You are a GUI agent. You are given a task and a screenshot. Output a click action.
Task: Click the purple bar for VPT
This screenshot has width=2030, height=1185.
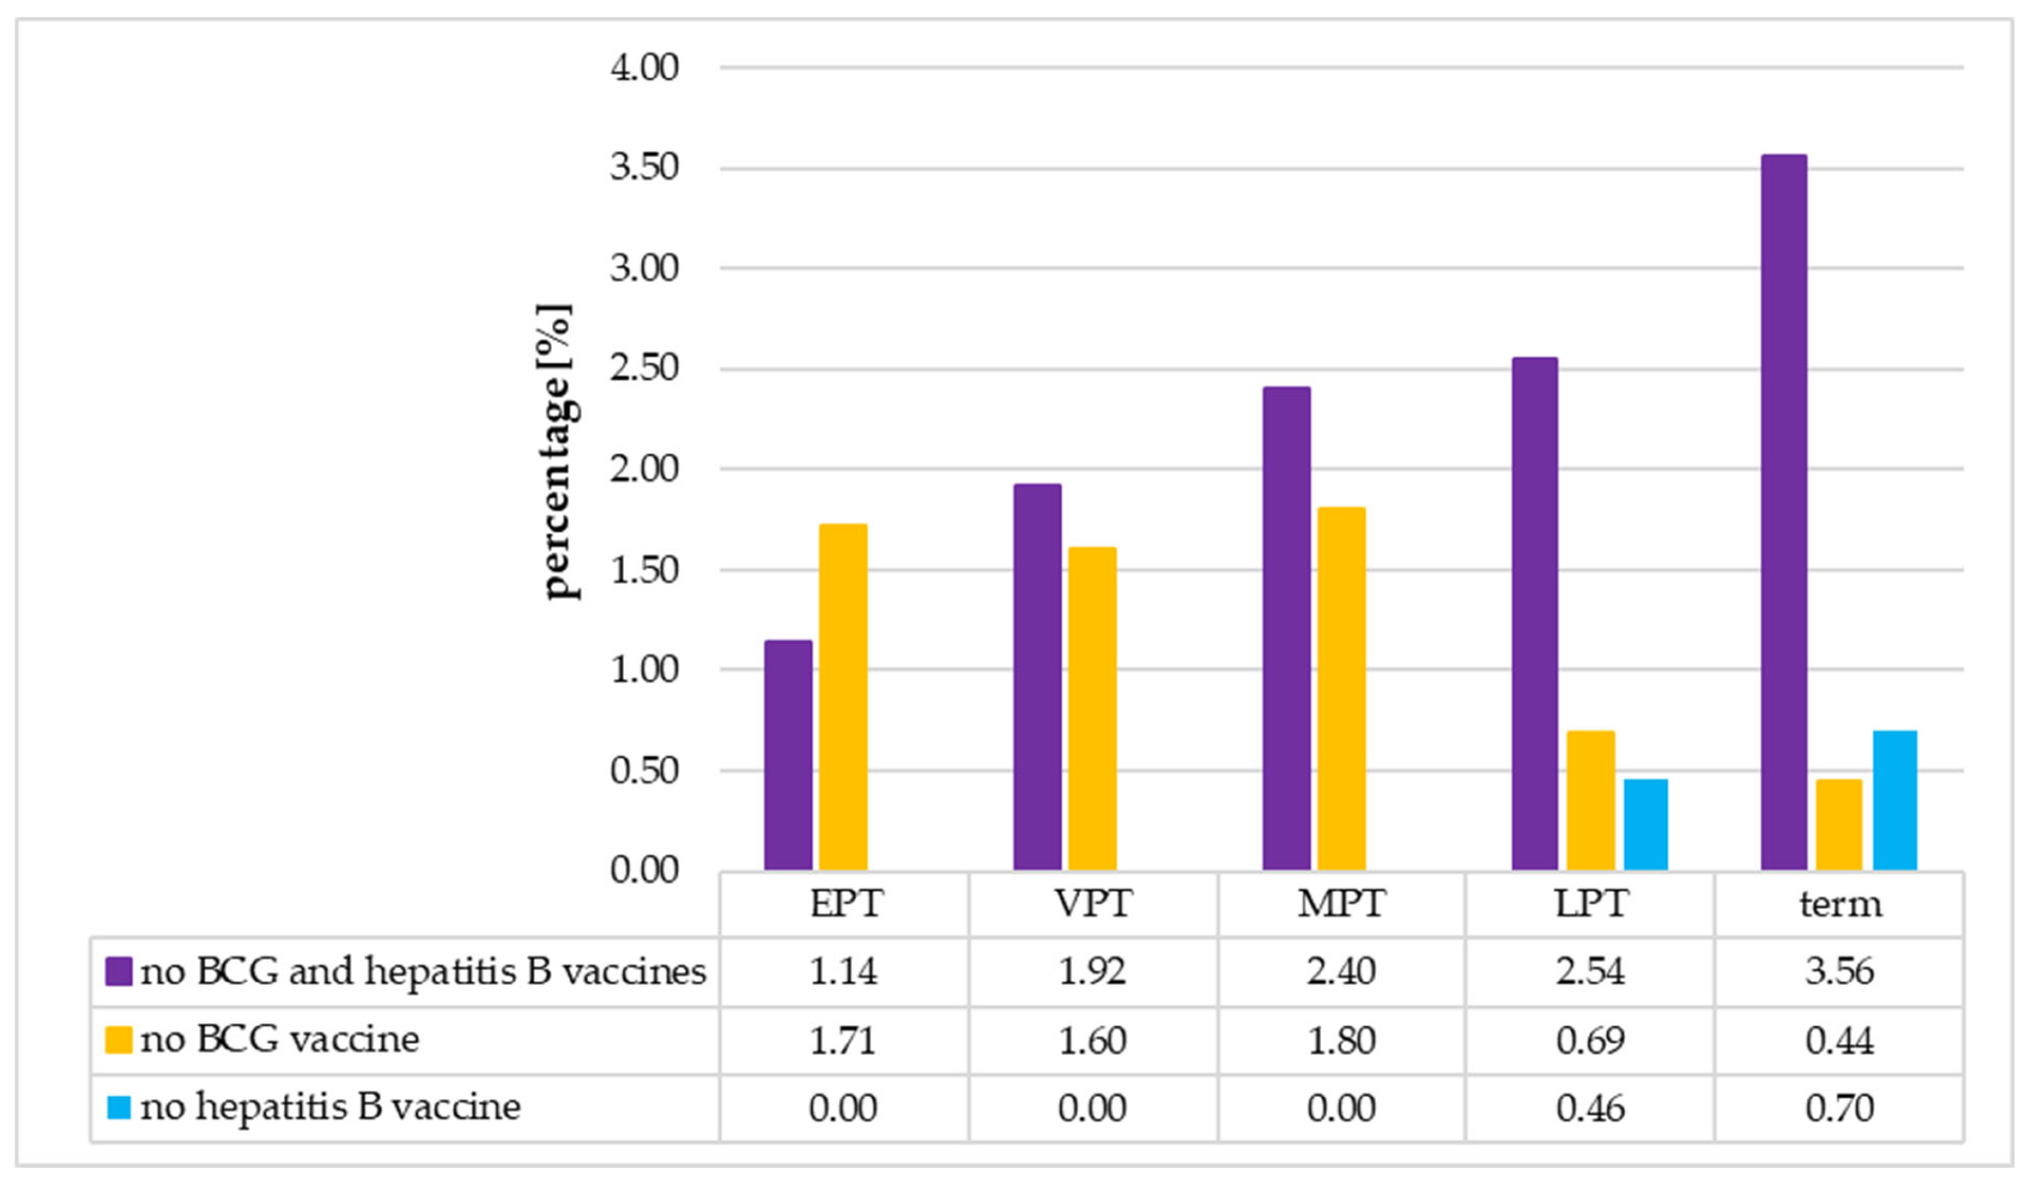(x=1037, y=677)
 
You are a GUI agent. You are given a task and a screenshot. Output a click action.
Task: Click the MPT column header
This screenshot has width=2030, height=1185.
(x=1341, y=904)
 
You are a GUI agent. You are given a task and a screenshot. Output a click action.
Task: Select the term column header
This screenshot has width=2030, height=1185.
(x=1840, y=904)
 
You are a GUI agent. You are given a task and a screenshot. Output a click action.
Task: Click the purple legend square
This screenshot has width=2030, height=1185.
(x=118, y=972)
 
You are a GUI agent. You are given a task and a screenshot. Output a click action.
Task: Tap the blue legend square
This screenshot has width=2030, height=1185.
(x=118, y=1107)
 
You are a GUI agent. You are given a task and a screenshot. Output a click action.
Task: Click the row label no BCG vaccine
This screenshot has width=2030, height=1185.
(x=279, y=1039)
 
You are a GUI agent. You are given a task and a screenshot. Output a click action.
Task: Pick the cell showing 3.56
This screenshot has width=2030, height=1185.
(x=1840, y=972)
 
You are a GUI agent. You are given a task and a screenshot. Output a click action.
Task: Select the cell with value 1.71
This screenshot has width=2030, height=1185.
(x=843, y=1040)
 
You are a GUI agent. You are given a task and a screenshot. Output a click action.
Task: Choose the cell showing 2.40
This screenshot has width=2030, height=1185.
(x=1341, y=972)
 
